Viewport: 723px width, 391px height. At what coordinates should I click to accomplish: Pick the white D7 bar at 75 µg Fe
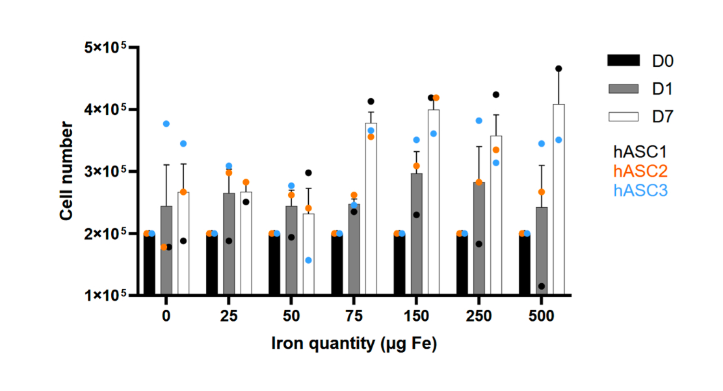pyautogui.click(x=371, y=208)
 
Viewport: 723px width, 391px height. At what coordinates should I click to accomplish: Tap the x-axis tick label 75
pyautogui.click(x=354, y=316)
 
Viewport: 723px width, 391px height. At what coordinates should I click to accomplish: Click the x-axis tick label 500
pyautogui.click(x=541, y=316)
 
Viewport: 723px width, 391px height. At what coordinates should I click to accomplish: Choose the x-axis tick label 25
pyautogui.click(x=229, y=316)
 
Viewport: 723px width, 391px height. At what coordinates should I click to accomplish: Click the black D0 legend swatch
pyautogui.click(x=624, y=60)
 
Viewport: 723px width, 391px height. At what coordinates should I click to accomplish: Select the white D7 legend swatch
pyautogui.click(x=624, y=116)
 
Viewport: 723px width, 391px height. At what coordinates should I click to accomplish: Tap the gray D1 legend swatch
pyautogui.click(x=624, y=88)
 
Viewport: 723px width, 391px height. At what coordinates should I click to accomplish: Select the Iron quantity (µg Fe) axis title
pyautogui.click(x=354, y=344)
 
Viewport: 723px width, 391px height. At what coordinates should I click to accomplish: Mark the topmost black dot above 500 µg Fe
pyautogui.click(x=559, y=68)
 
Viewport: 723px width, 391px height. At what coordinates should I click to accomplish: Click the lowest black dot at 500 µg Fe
pyautogui.click(x=542, y=286)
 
